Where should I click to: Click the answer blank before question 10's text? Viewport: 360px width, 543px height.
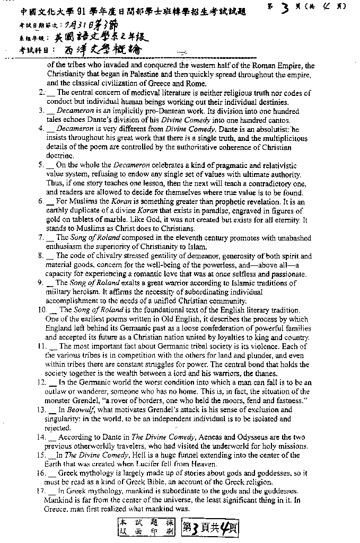point(54,310)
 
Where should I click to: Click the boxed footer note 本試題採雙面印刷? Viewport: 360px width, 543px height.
point(145,527)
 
